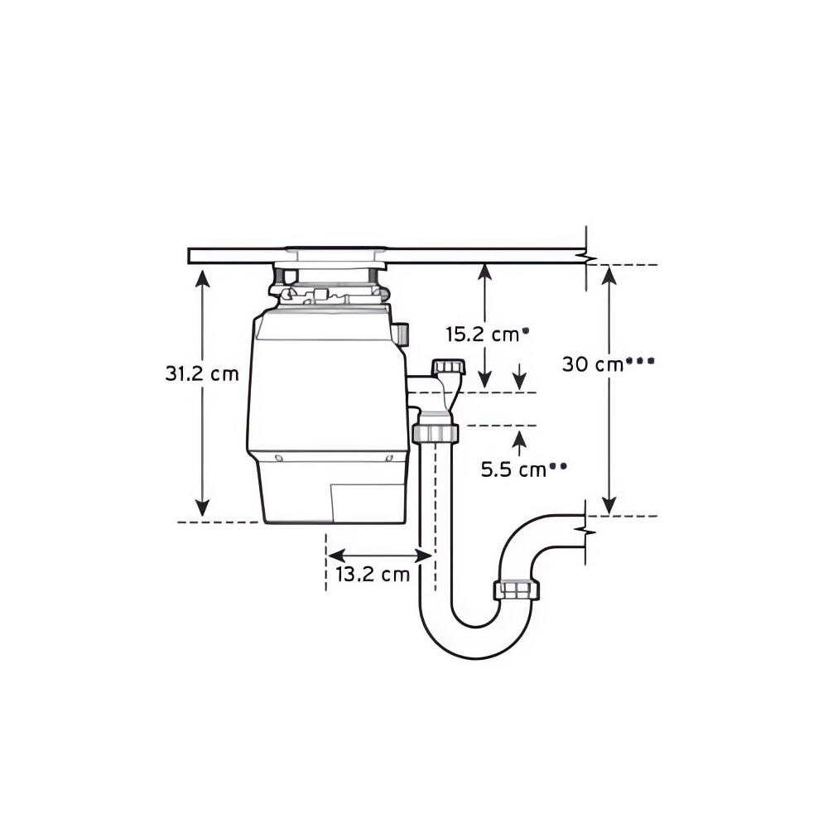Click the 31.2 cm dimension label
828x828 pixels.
(x=202, y=373)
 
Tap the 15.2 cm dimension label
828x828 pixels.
(x=483, y=335)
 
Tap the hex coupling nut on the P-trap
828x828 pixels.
(x=517, y=590)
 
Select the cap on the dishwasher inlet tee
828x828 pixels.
(x=448, y=366)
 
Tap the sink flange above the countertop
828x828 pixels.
(x=335, y=248)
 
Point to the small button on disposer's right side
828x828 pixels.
(x=402, y=335)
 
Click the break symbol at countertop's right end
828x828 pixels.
(x=587, y=258)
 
